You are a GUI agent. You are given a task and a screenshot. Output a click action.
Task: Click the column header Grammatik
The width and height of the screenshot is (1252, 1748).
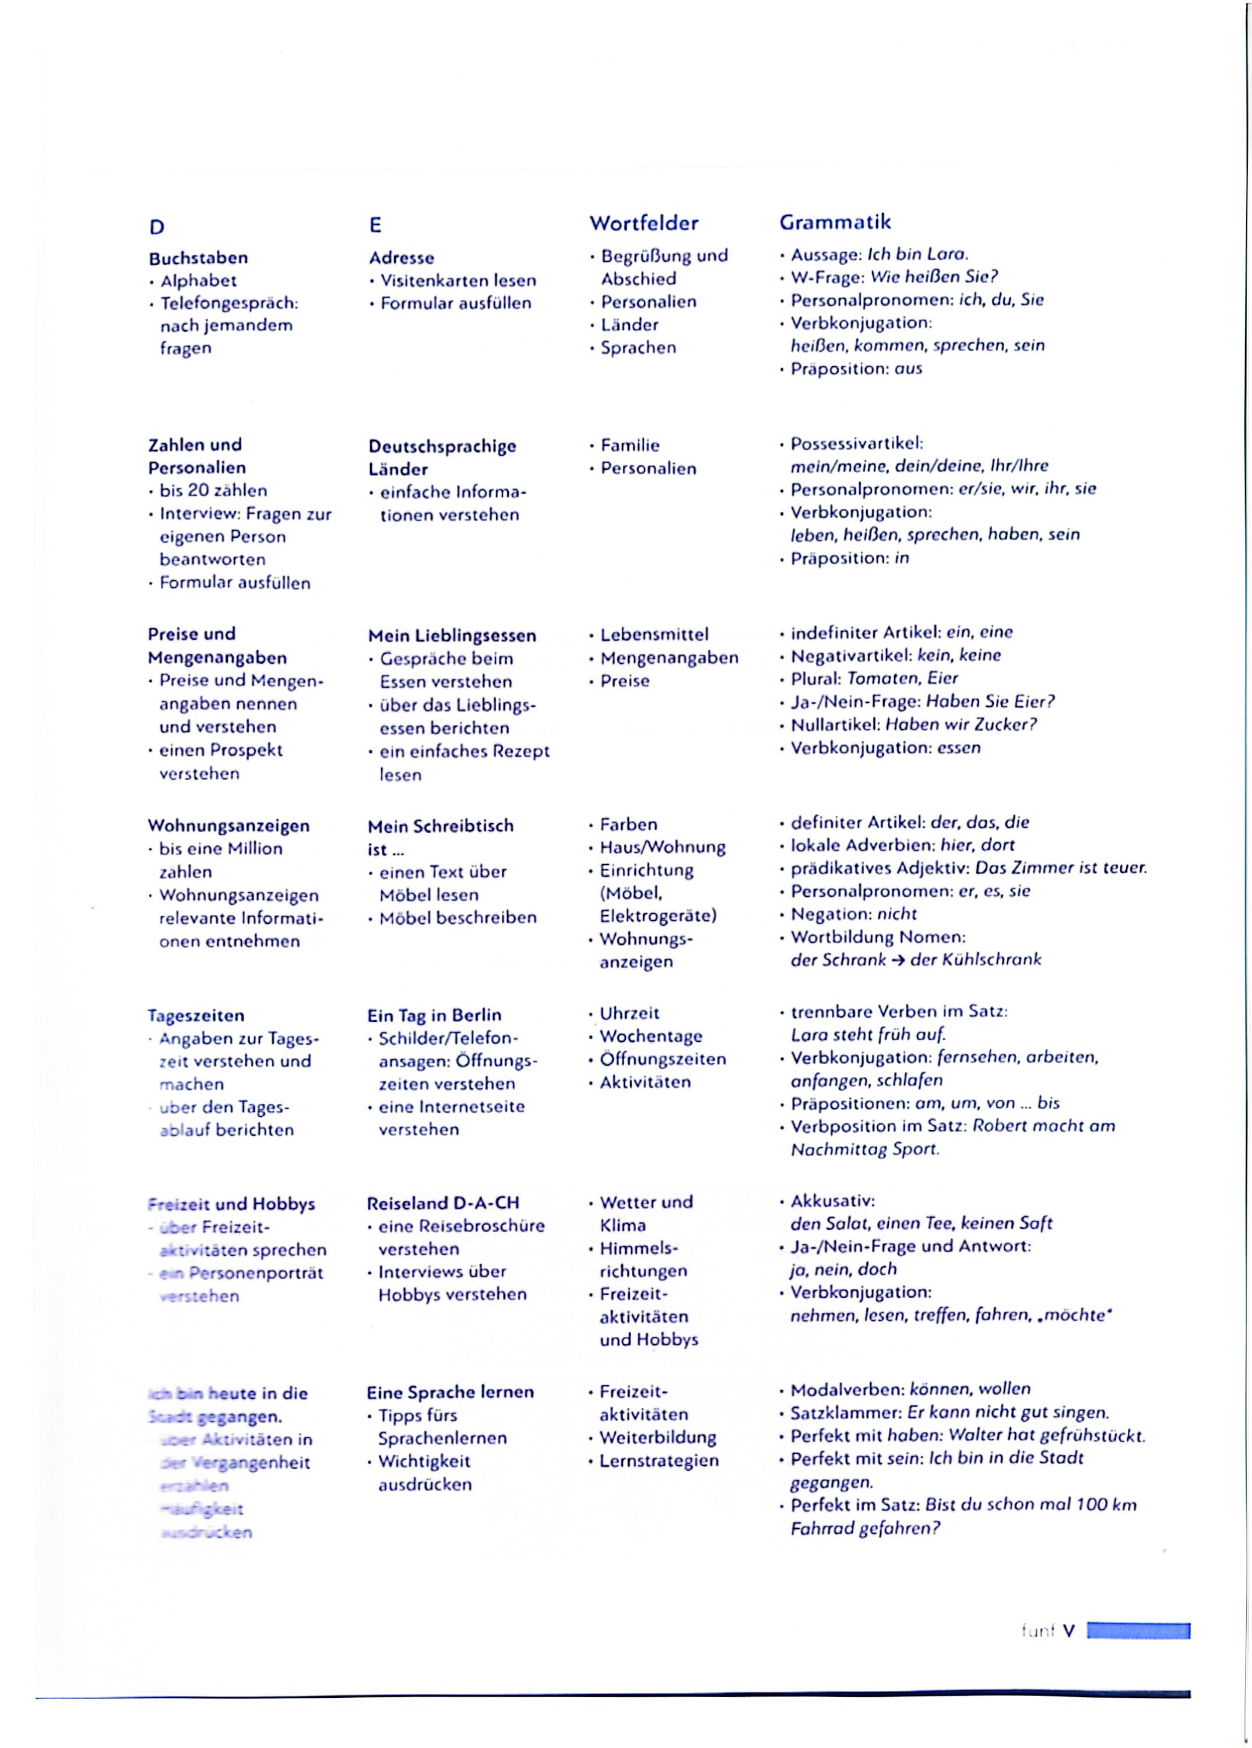coord(835,222)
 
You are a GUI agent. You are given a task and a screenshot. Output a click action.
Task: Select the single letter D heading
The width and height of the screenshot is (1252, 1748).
coord(156,227)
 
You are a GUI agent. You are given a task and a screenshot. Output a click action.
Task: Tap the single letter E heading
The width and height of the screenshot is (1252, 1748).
coord(375,225)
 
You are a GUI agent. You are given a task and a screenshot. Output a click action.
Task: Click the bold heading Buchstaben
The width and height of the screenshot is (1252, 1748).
coord(198,258)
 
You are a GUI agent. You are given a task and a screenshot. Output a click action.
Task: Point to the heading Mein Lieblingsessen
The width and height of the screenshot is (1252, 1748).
coord(451,636)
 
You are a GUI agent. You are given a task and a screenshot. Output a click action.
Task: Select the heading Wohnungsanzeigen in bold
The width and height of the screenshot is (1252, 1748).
coord(228,826)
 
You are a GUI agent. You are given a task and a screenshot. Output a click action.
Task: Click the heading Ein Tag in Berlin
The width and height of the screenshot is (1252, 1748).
coord(434,1015)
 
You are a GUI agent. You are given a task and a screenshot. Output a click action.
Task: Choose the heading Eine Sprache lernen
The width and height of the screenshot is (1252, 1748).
coord(450,1392)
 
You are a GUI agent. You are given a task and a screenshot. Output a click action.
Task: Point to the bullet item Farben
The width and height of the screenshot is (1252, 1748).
coord(628,824)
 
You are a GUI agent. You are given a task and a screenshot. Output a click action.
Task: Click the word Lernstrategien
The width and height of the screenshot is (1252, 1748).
coord(659,1461)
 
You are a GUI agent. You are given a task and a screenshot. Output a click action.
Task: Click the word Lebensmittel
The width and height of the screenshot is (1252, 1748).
coord(654,635)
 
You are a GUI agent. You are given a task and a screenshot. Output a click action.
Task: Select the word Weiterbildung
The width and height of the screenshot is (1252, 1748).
coord(657,1437)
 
